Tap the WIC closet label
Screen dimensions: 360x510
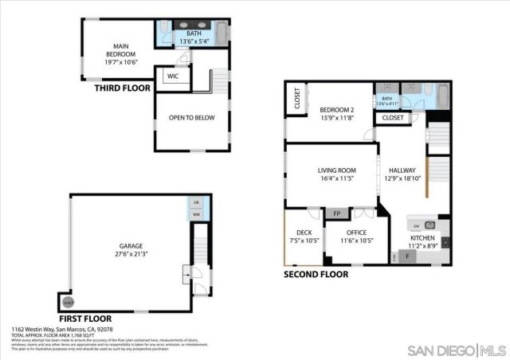[173, 76]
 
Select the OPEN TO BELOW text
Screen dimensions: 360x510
[191, 118]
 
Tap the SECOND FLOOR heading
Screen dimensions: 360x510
[316, 274]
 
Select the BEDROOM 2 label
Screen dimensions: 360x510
[336, 110]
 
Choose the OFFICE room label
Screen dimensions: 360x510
[356, 233]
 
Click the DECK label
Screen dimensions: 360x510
[304, 233]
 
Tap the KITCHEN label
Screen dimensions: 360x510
[422, 237]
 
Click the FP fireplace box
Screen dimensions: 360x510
[336, 213]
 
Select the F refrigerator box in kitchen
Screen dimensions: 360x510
[409, 256]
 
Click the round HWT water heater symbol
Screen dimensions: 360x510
[69, 301]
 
